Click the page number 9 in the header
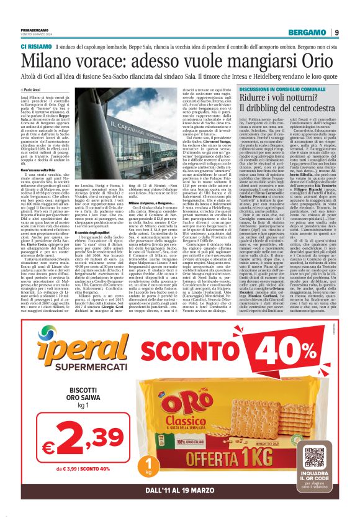pos(336,32)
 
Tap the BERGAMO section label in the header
pos(306,32)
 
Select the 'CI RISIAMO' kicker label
pos(40,46)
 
